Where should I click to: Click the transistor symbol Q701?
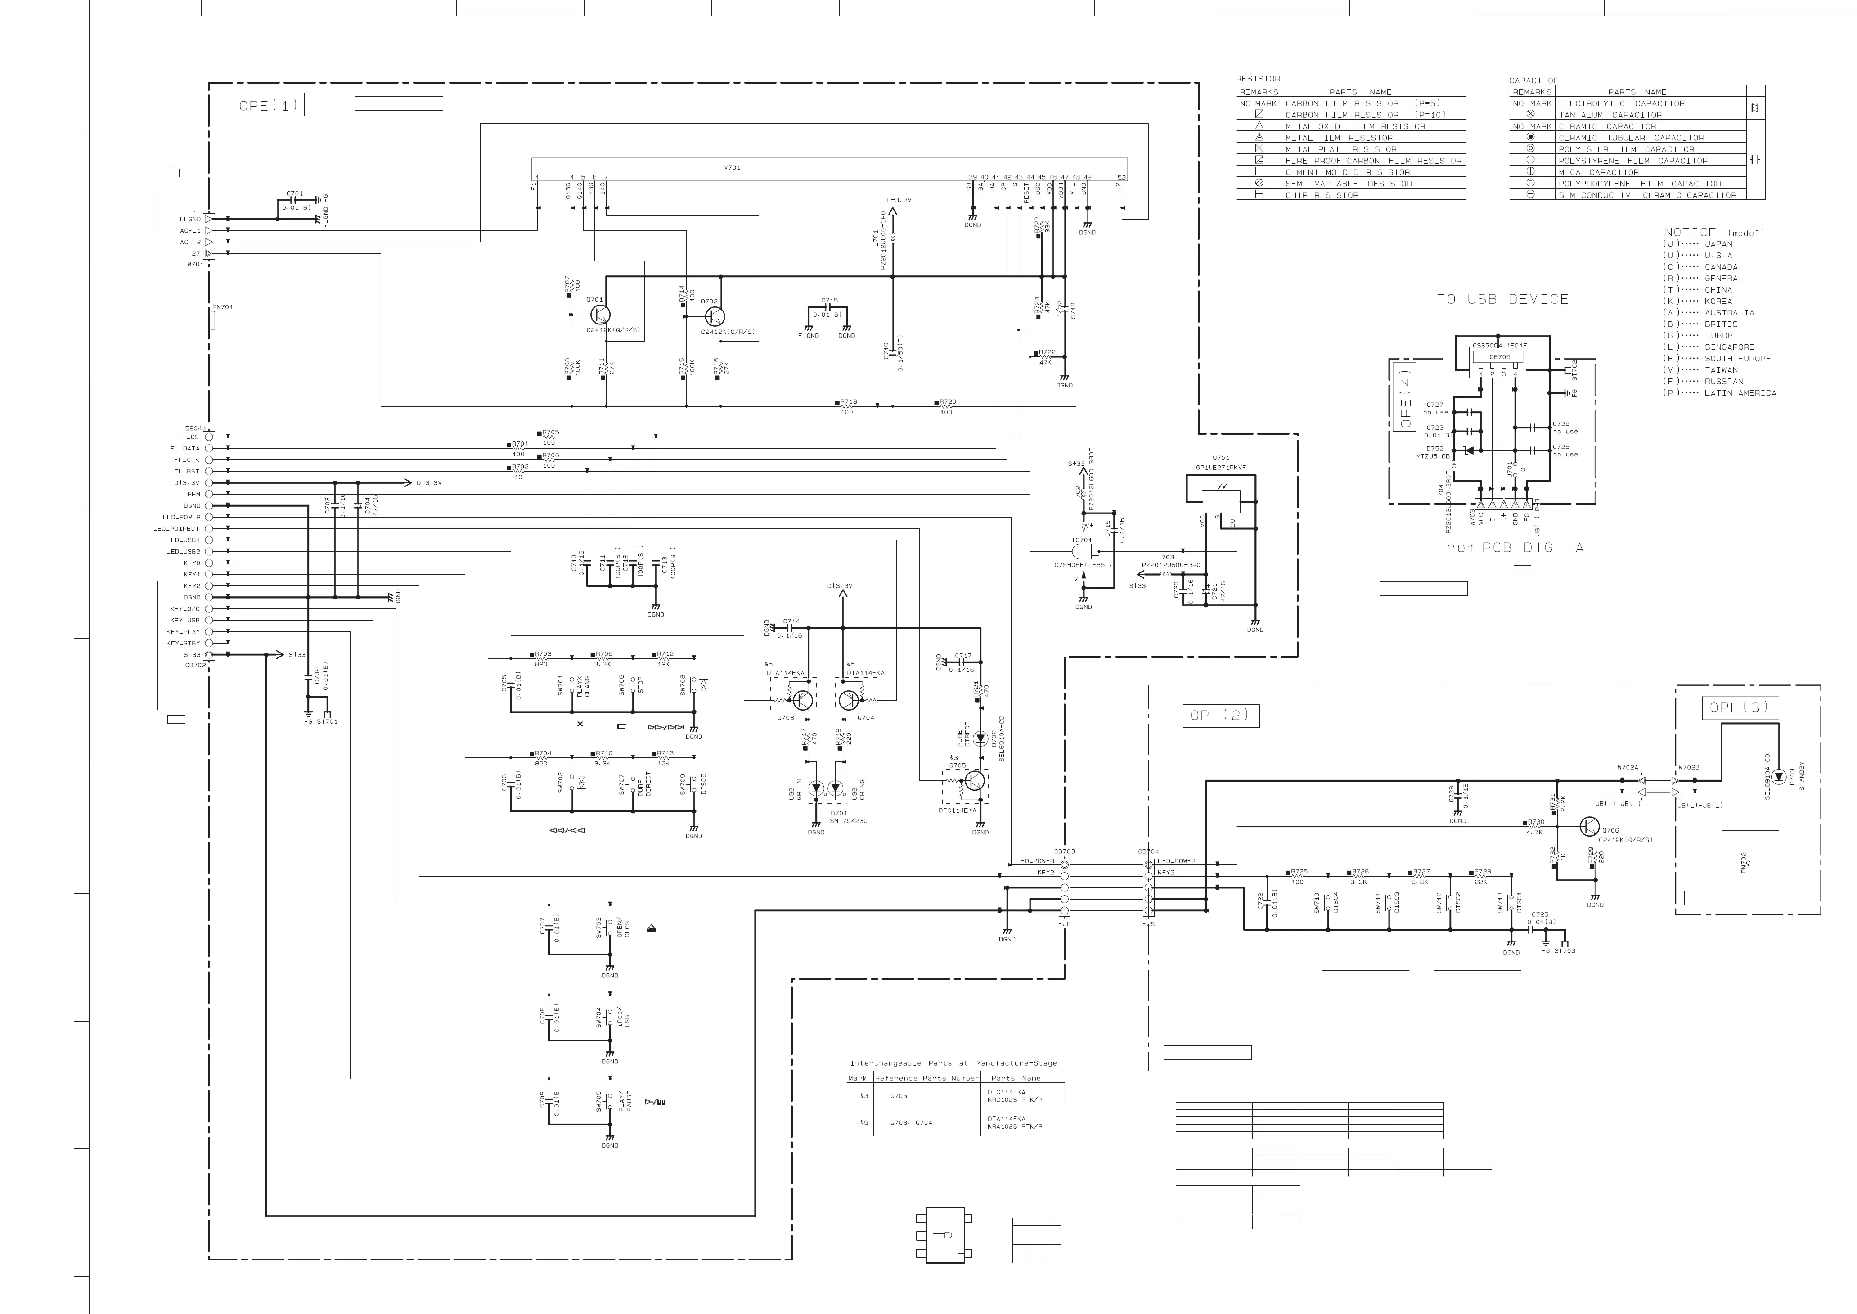click(x=600, y=314)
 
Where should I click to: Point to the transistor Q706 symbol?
click(x=1588, y=826)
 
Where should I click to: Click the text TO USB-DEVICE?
click(x=1502, y=299)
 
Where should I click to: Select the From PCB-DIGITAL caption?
click(x=1514, y=548)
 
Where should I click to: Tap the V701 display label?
click(x=732, y=167)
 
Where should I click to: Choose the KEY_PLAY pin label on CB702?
click(x=184, y=632)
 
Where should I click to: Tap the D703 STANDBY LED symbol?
click(x=1779, y=777)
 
